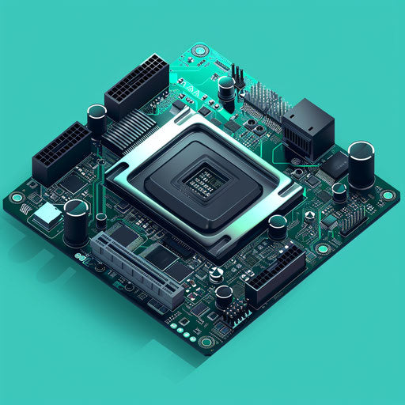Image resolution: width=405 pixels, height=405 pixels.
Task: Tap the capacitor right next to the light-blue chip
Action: [77, 221]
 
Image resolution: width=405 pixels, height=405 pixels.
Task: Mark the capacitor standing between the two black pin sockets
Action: [97, 119]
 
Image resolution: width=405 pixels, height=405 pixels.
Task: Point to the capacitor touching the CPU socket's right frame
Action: [278, 226]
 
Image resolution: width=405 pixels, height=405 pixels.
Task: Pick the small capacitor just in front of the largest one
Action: [339, 191]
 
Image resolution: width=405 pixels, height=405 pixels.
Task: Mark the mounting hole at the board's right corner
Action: [387, 195]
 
